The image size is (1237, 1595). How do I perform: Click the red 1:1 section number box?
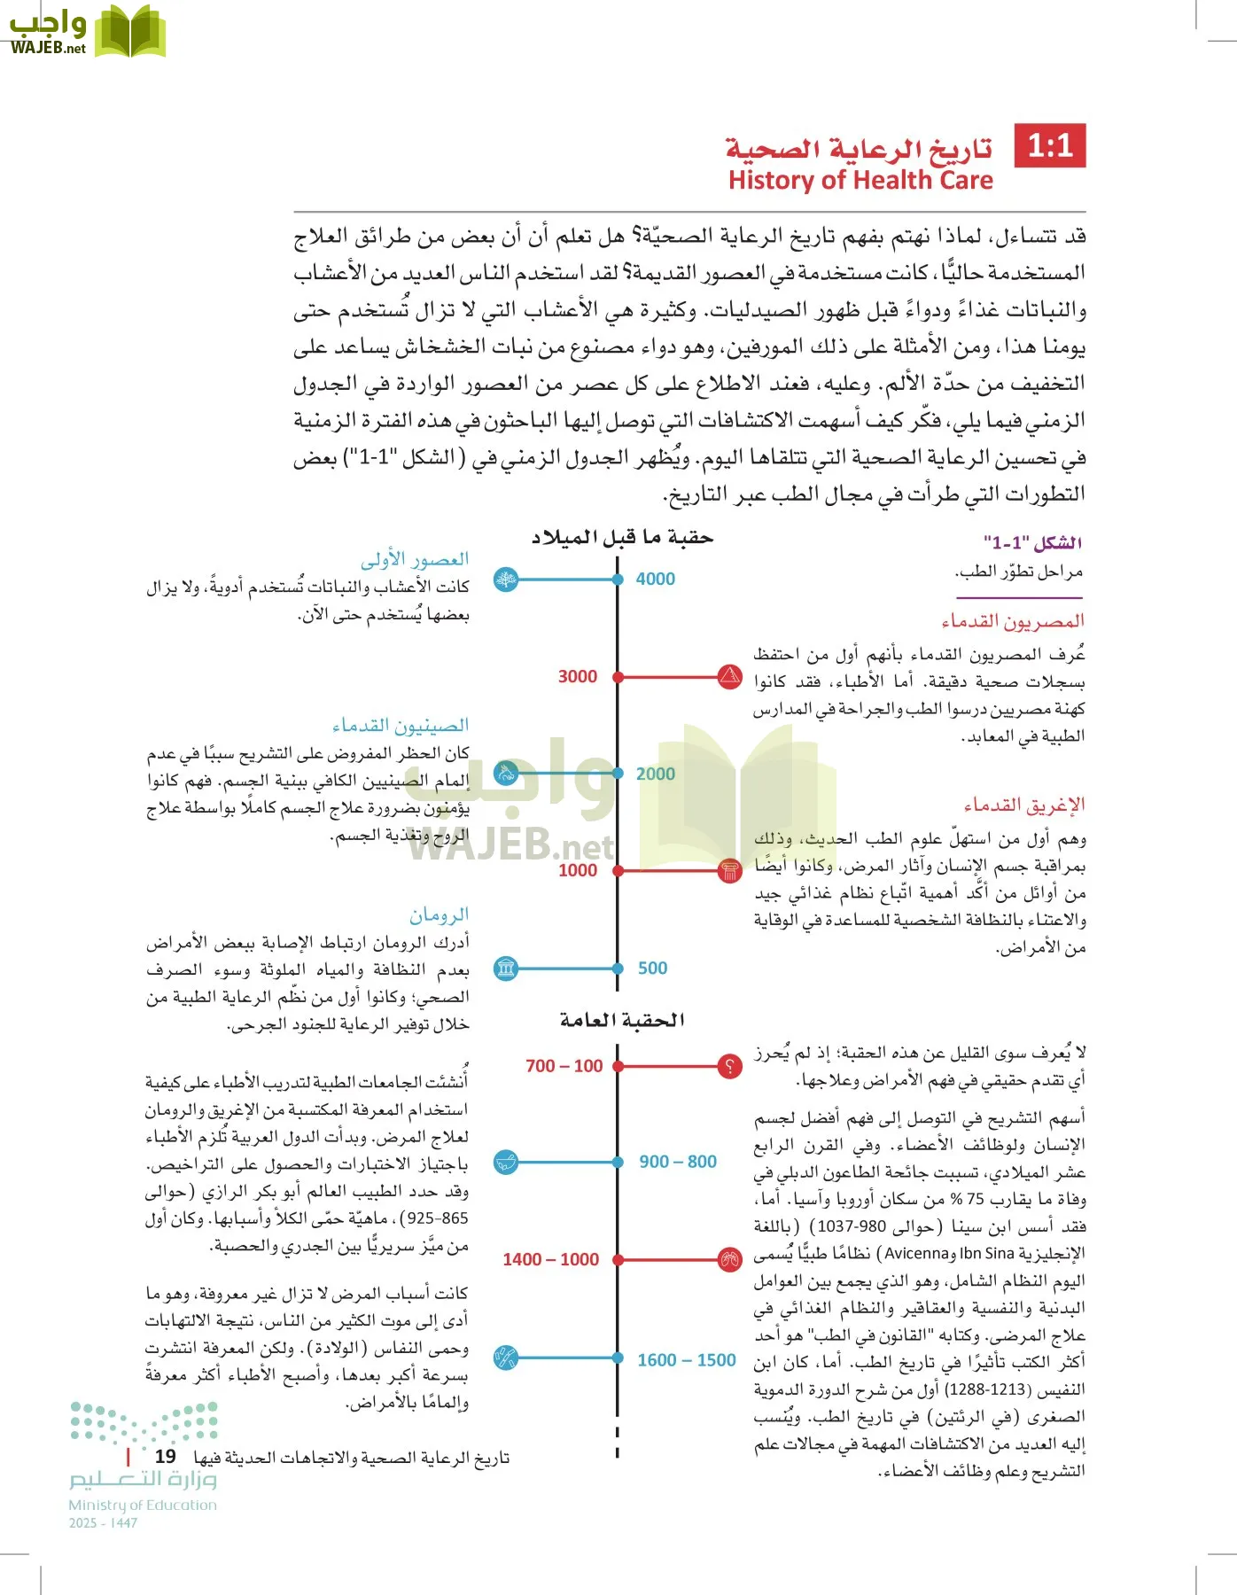(1050, 145)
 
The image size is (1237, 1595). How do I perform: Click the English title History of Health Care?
(860, 181)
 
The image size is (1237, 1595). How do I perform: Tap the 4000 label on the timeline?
(655, 580)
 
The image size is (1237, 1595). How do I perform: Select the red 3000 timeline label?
(578, 677)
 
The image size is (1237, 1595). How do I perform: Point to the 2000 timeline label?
(655, 774)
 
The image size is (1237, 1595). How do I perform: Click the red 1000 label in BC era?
(578, 871)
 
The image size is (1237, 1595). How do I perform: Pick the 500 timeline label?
(652, 969)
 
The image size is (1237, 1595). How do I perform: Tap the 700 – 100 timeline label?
(564, 1066)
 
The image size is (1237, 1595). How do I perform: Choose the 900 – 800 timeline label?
(678, 1162)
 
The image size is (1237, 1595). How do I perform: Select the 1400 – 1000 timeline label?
(550, 1260)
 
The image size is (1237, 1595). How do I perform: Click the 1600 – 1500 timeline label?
(686, 1360)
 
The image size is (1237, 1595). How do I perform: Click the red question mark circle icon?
(729, 1066)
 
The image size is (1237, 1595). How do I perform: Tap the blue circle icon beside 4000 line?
(506, 580)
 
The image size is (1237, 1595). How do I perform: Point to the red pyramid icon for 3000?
(729, 677)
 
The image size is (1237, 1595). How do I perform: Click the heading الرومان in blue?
(440, 914)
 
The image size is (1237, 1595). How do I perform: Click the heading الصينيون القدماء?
(401, 727)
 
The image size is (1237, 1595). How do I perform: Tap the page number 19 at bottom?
(165, 1457)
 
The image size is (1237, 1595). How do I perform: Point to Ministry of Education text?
(143, 1505)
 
